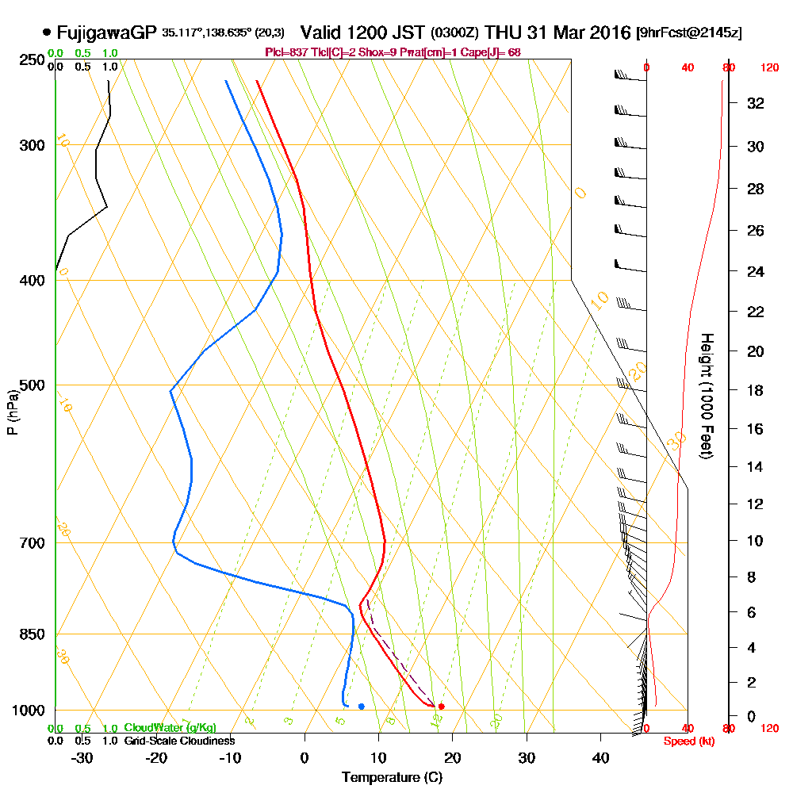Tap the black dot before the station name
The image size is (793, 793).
47,33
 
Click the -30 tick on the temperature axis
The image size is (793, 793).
82,757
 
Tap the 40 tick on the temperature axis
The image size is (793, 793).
600,757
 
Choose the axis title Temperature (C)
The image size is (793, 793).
392,777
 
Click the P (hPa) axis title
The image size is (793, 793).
12,412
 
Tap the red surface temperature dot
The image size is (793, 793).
441,706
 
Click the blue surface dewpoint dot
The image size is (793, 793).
361,706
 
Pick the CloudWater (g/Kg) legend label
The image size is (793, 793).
170,728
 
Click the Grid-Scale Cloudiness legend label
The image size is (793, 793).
178,741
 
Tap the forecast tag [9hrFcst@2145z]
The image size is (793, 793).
688,33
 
